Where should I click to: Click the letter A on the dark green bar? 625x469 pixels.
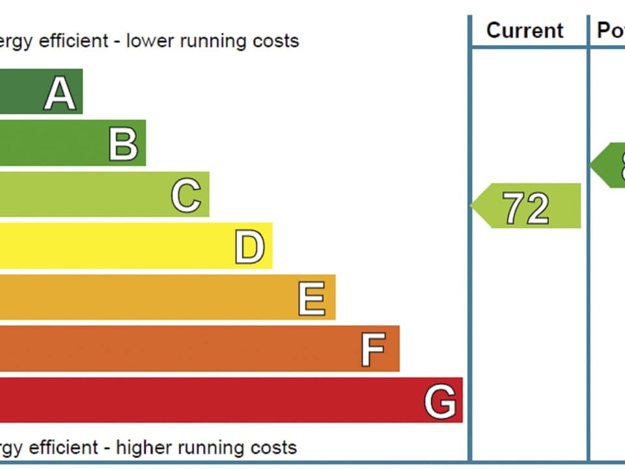60,93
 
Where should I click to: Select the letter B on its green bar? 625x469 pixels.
123,144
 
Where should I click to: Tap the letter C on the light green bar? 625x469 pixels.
186,195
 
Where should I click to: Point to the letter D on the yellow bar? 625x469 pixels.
249,247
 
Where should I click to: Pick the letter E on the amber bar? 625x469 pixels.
312,298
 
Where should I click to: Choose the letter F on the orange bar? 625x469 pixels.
373,350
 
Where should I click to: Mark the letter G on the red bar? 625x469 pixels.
440,401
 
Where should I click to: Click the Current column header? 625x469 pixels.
525,30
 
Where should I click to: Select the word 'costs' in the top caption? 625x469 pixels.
277,41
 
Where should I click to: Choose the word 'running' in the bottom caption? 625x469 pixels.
214,448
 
